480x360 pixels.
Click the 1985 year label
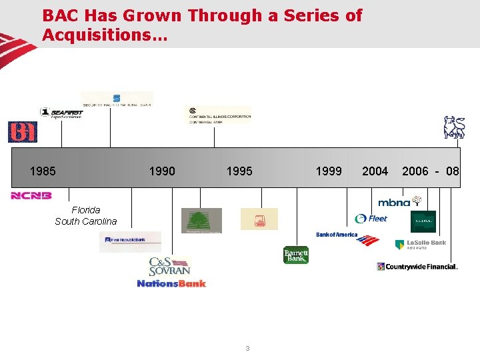click(43, 171)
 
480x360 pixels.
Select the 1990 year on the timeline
click(162, 171)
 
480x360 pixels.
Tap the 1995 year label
click(239, 171)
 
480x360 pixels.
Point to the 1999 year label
click(329, 171)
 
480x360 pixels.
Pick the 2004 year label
click(375, 171)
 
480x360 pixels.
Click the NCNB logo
click(31, 196)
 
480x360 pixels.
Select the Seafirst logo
click(61, 113)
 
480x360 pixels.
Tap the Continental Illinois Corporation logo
click(219, 115)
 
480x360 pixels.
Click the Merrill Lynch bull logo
click(455, 127)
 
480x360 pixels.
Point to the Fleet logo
click(371, 218)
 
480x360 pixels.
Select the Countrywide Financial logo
click(417, 267)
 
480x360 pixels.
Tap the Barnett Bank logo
click(296, 255)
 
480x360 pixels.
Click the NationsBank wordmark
click(171, 283)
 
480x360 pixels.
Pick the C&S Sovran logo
click(169, 267)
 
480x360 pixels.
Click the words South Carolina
click(85, 221)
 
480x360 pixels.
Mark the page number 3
click(247, 348)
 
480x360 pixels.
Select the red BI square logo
click(22, 132)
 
